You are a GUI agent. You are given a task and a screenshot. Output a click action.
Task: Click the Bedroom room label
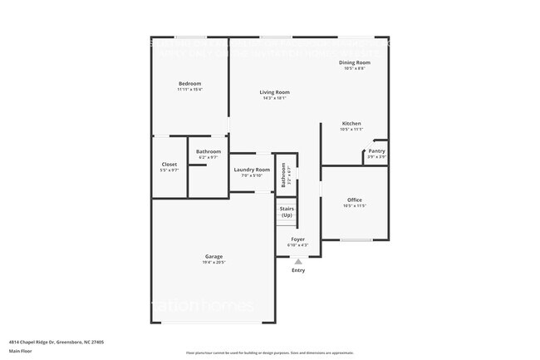coord(189,84)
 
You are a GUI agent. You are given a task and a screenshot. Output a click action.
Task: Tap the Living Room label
coord(274,92)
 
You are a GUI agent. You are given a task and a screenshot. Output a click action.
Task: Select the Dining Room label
coord(354,62)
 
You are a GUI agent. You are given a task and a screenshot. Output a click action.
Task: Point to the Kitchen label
coord(351,123)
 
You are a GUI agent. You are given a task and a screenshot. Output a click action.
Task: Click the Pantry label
coord(376,150)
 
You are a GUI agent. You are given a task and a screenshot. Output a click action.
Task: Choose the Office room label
coord(354,200)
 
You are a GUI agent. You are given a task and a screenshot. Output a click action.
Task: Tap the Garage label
coord(214,256)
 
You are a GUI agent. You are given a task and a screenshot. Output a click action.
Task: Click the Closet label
coord(169,165)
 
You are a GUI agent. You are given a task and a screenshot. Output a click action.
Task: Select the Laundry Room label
coord(252,170)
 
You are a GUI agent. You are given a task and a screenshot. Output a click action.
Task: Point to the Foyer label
coord(297,239)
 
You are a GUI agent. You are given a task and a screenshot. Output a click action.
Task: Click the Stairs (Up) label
coord(287,212)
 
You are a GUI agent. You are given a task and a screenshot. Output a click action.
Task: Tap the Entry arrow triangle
coord(298,261)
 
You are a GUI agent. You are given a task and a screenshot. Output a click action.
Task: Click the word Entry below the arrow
coord(298,270)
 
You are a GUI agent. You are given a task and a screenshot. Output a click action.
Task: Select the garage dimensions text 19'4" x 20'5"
coord(214,263)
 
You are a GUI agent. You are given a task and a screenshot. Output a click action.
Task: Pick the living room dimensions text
coord(274,98)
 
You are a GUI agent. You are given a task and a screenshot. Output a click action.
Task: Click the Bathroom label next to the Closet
coord(209,151)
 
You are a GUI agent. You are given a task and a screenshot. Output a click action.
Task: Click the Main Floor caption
coord(20,351)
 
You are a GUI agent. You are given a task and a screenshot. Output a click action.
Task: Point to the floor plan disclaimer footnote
coord(270,353)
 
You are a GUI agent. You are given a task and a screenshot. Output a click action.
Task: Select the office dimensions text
coord(354,205)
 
